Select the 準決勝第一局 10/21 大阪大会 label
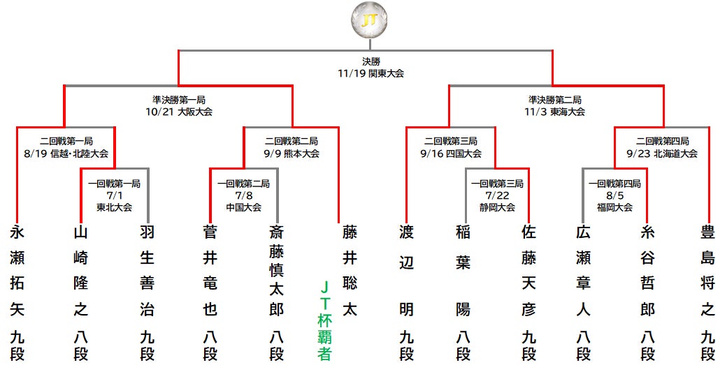tap(178, 105)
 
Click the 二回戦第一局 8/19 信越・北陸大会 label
tap(66, 147)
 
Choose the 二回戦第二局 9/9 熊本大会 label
tap(291, 147)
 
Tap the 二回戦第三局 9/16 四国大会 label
tap(451, 147)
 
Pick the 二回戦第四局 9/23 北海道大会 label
tap(662, 147)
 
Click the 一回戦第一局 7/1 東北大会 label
tap(114, 195)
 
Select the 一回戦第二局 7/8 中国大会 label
tap(243, 195)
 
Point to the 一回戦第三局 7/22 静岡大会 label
tap(496, 195)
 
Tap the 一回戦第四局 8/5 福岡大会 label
tap(614, 195)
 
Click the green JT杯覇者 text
tap(324, 321)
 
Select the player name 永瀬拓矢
tap(17, 271)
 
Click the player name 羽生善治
tap(146, 271)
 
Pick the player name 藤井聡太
tap(350, 271)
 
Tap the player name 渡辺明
tap(406, 271)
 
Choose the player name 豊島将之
tap(708, 271)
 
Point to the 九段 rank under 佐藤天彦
tap(528, 345)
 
